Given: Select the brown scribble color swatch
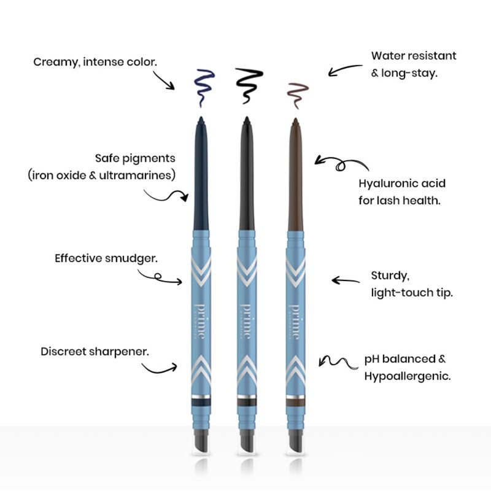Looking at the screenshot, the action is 298,92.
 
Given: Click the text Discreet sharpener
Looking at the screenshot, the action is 95,352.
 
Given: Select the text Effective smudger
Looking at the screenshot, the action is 106,258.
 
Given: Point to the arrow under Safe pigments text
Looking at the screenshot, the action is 166,196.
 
